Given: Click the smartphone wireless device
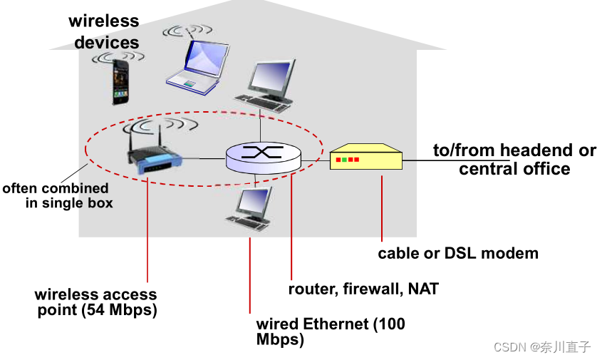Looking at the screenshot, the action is coord(120,82).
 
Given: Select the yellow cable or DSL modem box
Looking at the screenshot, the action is coord(366,156).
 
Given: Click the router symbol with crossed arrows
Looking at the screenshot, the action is coord(263,157).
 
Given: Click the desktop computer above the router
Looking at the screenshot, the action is coord(266,86).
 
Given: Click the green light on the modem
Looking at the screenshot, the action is coord(344,160).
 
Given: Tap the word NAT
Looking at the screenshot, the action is coord(423,289).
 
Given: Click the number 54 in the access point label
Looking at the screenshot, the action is coord(96,309).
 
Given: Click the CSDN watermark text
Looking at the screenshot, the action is coord(541,346).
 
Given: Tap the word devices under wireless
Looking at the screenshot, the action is coord(106,42).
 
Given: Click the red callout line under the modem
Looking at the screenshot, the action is coord(382,209).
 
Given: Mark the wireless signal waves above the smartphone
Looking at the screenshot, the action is coord(118,57).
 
